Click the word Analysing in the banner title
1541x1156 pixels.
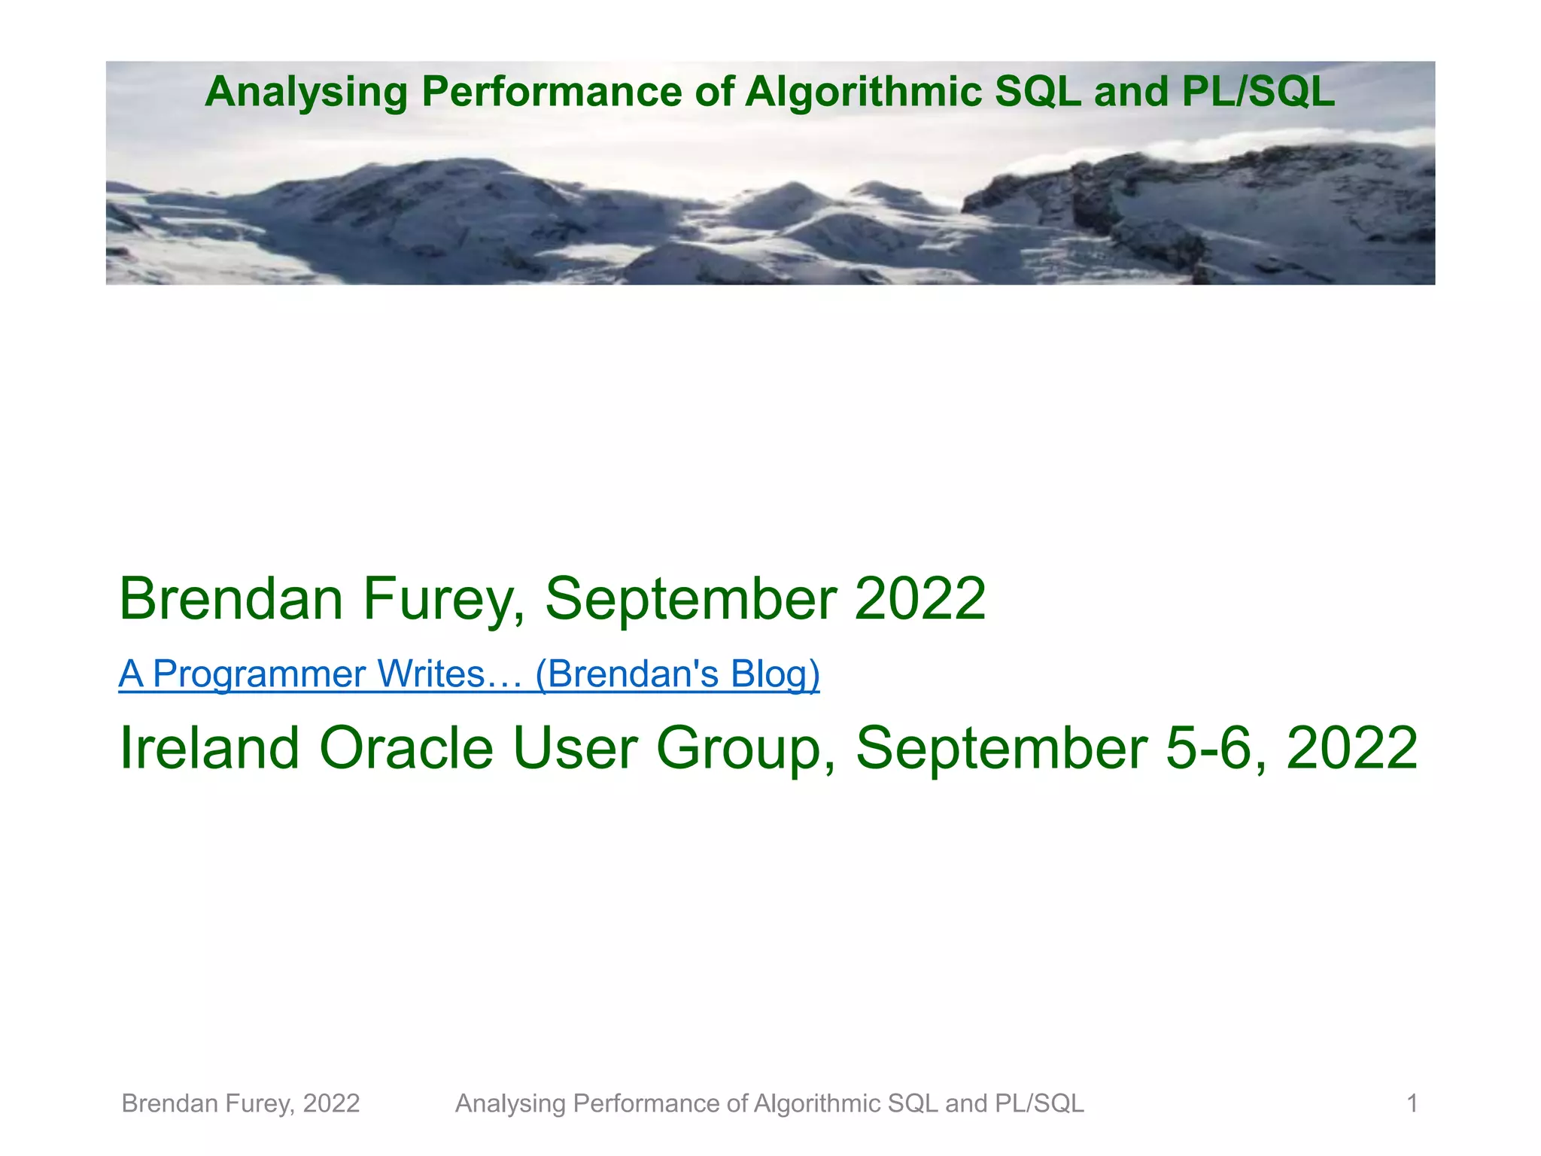tap(305, 92)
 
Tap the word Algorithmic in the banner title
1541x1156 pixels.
tap(863, 92)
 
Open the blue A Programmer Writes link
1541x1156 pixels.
tap(469, 674)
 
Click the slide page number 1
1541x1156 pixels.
tap(1412, 1103)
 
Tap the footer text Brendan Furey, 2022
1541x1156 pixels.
tap(241, 1103)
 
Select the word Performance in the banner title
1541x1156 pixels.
tap(552, 92)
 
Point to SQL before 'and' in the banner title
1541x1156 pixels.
tap(1038, 92)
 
